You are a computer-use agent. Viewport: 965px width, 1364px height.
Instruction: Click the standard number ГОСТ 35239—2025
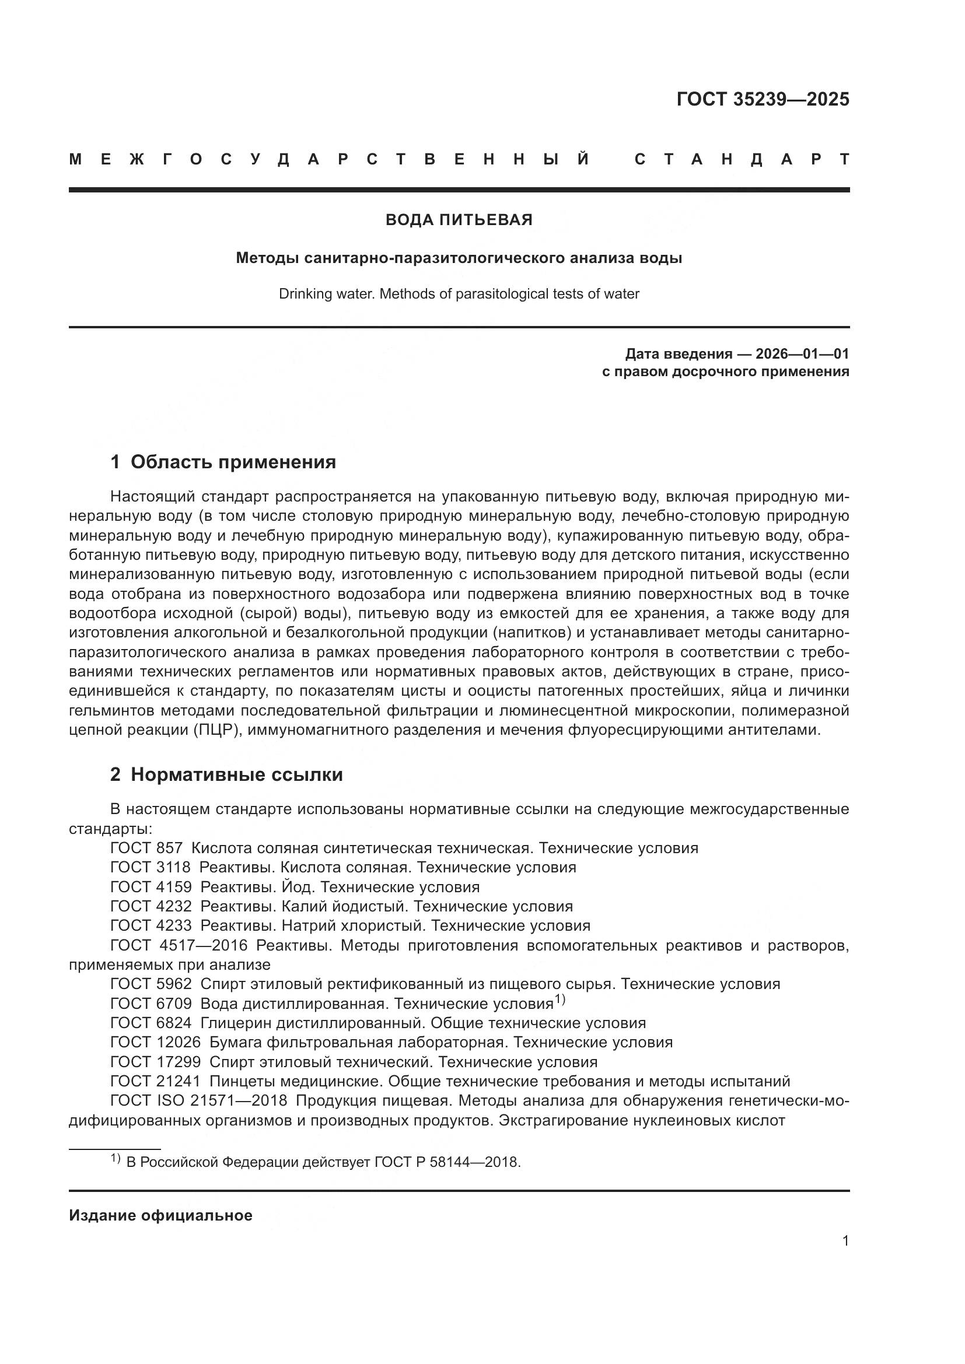coord(763,99)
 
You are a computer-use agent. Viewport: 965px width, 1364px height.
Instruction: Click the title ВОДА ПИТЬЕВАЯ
coord(459,220)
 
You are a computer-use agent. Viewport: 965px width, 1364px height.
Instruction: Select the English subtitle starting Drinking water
coord(459,294)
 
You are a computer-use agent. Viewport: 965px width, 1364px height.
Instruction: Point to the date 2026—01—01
coord(802,354)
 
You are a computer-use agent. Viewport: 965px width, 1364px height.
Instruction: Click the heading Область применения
coord(233,462)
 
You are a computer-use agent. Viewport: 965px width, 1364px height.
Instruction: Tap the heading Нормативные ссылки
coord(236,774)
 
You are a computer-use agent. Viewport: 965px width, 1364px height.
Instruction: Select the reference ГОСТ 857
coord(146,848)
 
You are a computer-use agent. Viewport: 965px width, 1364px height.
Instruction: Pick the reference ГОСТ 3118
coord(151,867)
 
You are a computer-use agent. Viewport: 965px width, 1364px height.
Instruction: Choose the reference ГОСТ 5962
coord(151,984)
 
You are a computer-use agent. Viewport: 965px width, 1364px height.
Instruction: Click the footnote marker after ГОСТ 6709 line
coord(560,1001)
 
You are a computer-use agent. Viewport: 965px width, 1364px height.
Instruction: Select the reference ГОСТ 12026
coord(155,1042)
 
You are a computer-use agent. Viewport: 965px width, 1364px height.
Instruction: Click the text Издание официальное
coord(160,1215)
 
